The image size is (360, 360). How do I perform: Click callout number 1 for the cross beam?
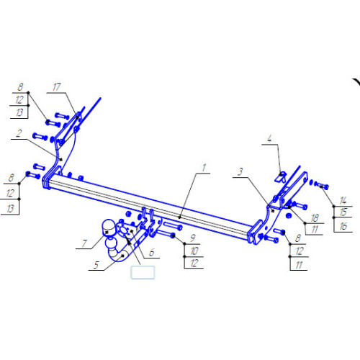(204, 168)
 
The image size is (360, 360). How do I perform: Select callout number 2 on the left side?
(19, 133)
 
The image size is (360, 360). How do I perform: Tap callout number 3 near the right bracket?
(240, 171)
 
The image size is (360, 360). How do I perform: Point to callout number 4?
(269, 138)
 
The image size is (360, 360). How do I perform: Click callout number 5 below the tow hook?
(96, 265)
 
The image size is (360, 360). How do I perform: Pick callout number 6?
(151, 253)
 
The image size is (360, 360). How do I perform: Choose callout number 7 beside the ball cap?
(84, 243)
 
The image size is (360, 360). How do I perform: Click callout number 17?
(56, 87)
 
